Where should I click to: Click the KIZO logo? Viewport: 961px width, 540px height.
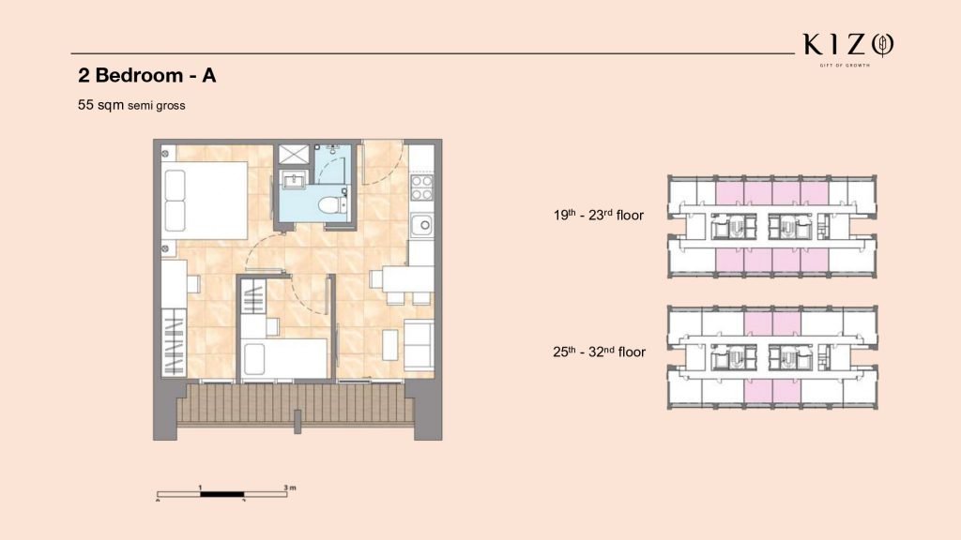pyautogui.click(x=848, y=49)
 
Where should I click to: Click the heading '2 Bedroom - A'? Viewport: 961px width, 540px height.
pyautogui.click(x=147, y=75)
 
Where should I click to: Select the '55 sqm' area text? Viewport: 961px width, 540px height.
pyautogui.click(x=100, y=105)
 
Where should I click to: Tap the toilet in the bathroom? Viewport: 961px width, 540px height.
pyautogui.click(x=332, y=203)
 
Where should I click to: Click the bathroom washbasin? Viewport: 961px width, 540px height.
pyautogui.click(x=295, y=180)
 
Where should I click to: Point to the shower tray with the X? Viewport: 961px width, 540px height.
pyautogui.click(x=294, y=154)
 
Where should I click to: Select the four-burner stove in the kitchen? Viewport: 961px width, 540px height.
pyautogui.click(x=421, y=187)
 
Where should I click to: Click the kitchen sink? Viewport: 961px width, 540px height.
pyautogui.click(x=421, y=225)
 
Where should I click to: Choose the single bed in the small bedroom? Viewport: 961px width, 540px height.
pyautogui.click(x=284, y=359)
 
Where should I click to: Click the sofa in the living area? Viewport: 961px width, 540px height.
pyautogui.click(x=419, y=345)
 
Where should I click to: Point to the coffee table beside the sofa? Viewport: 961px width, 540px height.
pyautogui.click(x=390, y=345)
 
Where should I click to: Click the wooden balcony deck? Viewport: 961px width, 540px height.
pyautogui.click(x=296, y=404)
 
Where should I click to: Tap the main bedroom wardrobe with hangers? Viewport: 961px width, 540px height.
pyautogui.click(x=174, y=343)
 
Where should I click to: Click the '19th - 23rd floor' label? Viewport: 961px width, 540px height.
pyautogui.click(x=599, y=215)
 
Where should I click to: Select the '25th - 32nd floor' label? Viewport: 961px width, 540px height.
pyautogui.click(x=600, y=352)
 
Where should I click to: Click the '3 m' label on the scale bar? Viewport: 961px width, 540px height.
pyautogui.click(x=290, y=487)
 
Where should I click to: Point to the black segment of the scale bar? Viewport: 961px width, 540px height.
pyautogui.click(x=222, y=494)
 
